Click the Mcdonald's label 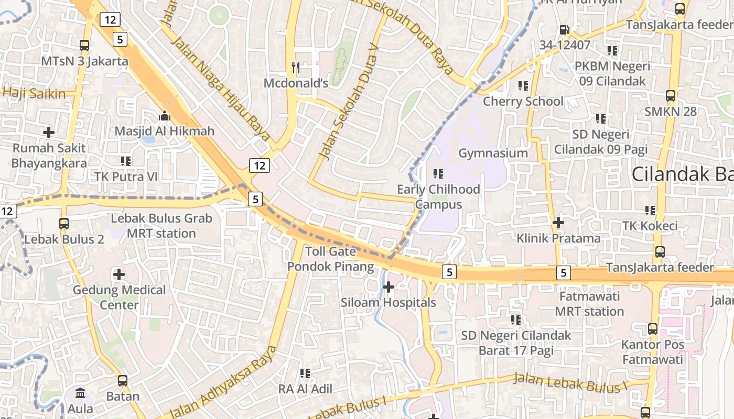(x=296, y=83)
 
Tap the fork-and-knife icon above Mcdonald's (x=296, y=67)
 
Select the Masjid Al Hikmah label (x=165, y=131)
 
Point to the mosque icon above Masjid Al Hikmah (x=165, y=116)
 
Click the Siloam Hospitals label (x=388, y=303)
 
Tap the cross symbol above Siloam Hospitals (x=388, y=287)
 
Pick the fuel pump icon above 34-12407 (x=564, y=30)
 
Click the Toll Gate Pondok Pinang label (x=330, y=259)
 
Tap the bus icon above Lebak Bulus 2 (x=64, y=224)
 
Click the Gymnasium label (x=493, y=153)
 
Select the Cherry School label (x=523, y=101)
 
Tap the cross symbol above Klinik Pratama (x=558, y=223)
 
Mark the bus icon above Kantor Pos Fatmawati (x=653, y=329)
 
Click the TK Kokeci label (x=650, y=226)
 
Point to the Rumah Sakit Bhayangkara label (x=49, y=156)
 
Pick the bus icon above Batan (x=123, y=381)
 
